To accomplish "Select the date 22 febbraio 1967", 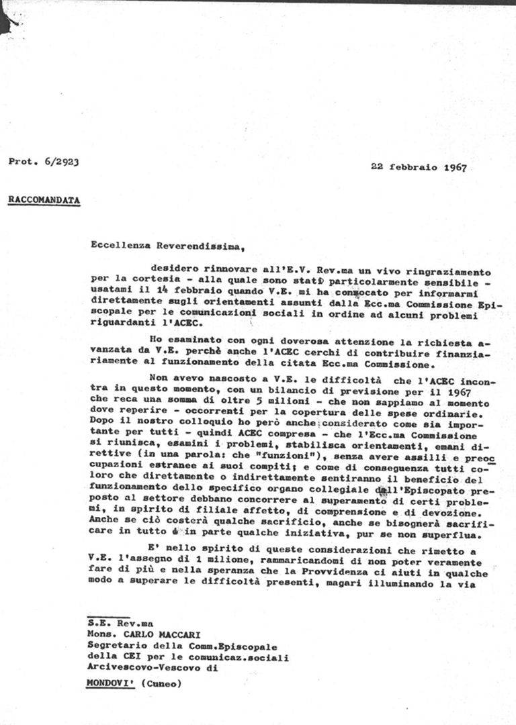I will click(419, 167).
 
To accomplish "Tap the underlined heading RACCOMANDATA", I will click(44, 200).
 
